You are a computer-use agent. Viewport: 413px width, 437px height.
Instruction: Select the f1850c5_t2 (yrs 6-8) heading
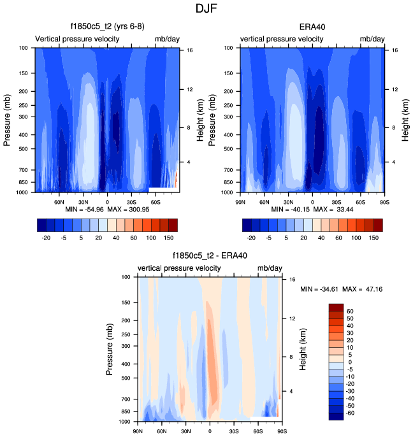pyautogui.click(x=106, y=27)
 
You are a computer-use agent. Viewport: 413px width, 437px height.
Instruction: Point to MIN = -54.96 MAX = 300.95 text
pyautogui.click(x=106, y=209)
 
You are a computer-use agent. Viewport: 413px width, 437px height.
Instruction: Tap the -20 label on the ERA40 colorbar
pyautogui.click(x=252, y=236)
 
